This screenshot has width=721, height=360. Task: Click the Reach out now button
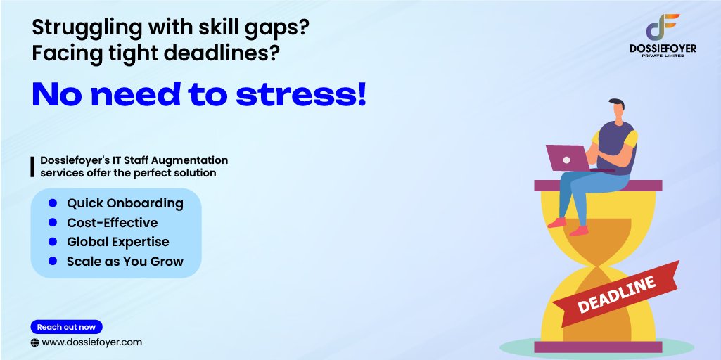(x=66, y=327)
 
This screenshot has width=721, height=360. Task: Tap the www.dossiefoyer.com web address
(x=92, y=342)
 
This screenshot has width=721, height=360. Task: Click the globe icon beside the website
(x=34, y=342)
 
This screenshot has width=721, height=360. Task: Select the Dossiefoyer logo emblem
(x=663, y=27)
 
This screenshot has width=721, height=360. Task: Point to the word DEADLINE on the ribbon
(x=616, y=294)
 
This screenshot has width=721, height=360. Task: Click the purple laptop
(x=568, y=157)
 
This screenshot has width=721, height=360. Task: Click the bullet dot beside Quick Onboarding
(x=53, y=203)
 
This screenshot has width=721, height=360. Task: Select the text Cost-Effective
(x=112, y=223)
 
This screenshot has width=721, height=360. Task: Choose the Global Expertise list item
(x=117, y=242)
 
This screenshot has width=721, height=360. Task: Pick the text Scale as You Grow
(x=125, y=262)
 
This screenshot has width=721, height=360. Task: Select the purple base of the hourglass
(x=598, y=347)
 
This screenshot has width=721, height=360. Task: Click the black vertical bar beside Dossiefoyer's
(x=32, y=166)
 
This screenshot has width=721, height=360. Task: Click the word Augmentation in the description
(x=190, y=160)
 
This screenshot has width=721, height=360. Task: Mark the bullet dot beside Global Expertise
(x=53, y=242)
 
